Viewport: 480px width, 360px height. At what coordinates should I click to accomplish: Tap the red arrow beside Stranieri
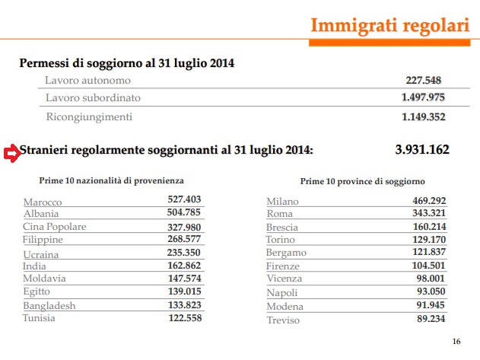11,152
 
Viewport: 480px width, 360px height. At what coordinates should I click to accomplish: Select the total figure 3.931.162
422,149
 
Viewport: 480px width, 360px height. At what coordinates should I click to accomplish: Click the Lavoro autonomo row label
87,80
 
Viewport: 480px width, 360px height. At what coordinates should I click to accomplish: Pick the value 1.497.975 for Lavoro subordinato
423,97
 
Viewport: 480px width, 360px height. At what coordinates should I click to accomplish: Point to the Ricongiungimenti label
89,116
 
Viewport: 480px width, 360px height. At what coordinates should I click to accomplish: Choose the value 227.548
425,80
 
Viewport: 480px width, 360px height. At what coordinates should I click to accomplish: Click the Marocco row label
43,202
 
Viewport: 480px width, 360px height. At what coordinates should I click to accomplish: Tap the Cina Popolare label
55,227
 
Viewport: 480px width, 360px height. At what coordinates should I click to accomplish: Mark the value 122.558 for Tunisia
184,317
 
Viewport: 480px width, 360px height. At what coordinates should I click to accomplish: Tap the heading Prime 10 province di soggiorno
362,181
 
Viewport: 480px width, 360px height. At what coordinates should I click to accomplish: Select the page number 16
456,340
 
